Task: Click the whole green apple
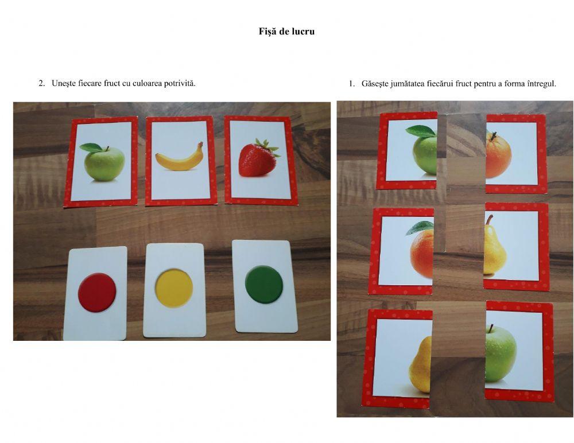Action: point(104,164)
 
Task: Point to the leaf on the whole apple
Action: point(91,147)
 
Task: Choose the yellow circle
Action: point(174,288)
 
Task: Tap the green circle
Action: point(264,285)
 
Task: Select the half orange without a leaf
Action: point(498,156)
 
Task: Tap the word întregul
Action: point(542,84)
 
